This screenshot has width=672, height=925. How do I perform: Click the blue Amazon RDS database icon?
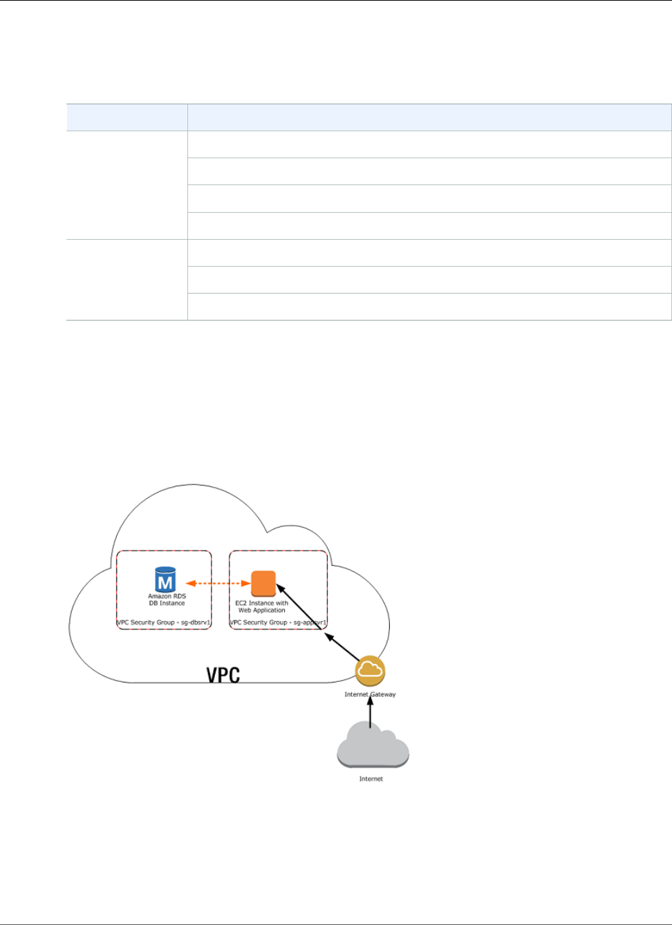[x=166, y=580]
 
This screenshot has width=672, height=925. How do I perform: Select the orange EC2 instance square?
[x=263, y=584]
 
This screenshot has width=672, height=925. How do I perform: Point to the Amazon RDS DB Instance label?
[x=167, y=600]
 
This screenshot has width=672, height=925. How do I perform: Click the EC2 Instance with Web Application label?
[x=262, y=607]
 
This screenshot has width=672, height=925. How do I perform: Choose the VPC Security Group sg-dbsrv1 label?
[x=164, y=622]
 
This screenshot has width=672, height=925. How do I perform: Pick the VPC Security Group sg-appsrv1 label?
[x=278, y=622]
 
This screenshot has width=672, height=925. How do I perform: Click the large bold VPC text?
[x=223, y=675]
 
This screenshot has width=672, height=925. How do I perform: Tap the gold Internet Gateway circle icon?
[x=370, y=670]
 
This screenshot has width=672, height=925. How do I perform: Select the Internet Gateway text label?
[x=370, y=694]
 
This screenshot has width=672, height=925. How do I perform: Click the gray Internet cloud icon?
[x=372, y=744]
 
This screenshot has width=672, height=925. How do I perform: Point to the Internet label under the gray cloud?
[x=371, y=779]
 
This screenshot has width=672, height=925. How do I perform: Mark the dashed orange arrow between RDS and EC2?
[x=218, y=584]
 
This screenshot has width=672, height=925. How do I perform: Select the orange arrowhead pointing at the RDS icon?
[x=190, y=584]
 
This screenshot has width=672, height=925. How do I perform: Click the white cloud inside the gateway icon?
[x=371, y=669]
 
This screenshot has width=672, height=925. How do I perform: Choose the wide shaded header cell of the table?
[x=429, y=117]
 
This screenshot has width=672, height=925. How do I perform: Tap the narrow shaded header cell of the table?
[x=127, y=117]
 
